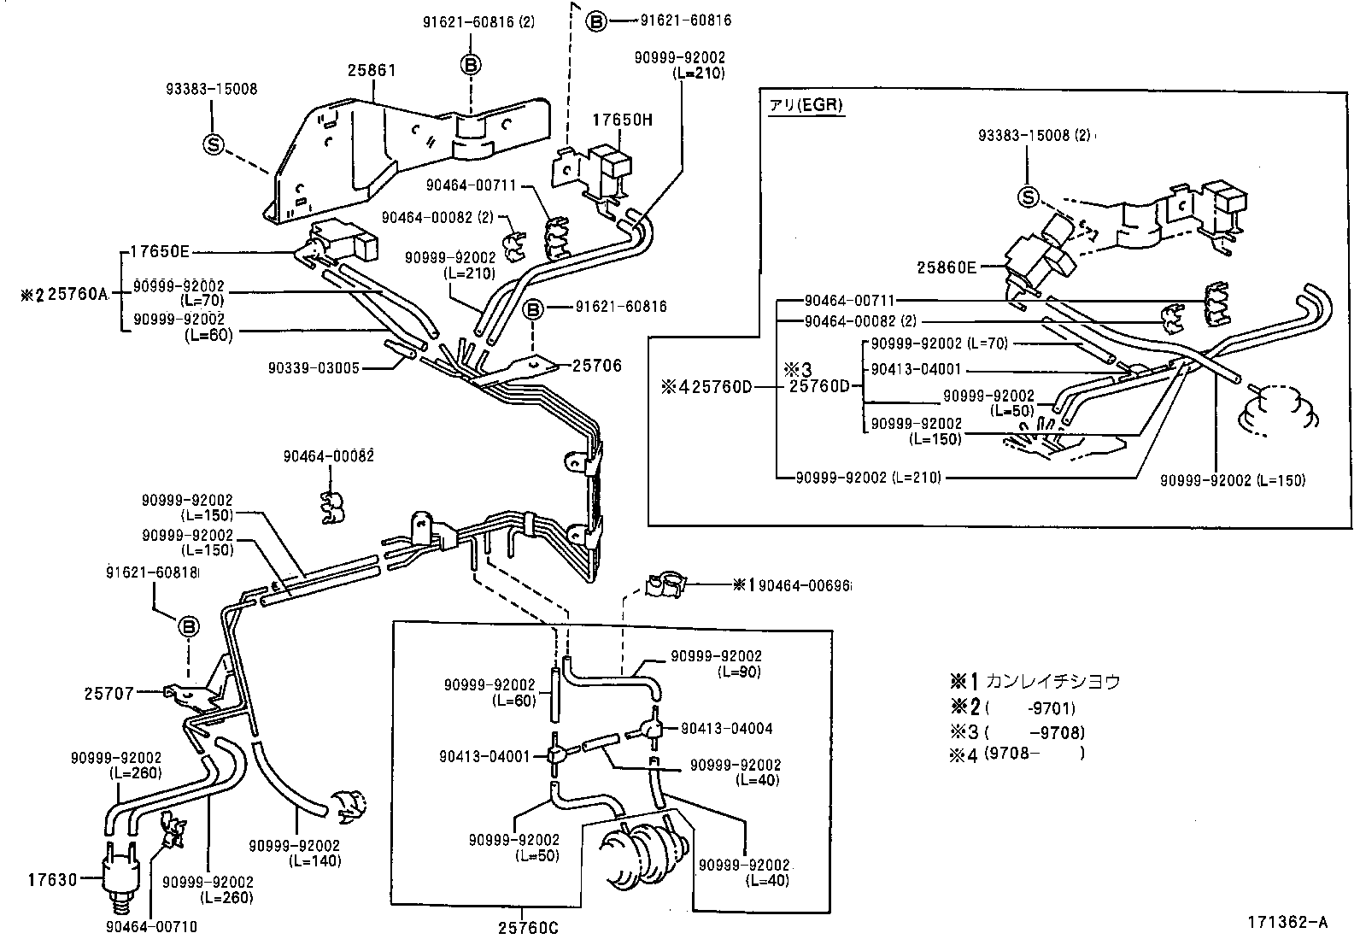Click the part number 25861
[x=372, y=70]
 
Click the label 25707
[x=109, y=693]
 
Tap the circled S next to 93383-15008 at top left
[x=213, y=145]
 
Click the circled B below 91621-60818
[x=188, y=627]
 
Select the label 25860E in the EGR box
[x=947, y=267]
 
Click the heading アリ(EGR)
[x=806, y=105]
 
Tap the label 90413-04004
[x=726, y=729]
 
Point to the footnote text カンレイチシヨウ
[x=1052, y=682]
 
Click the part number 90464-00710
[x=150, y=925]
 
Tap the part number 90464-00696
[x=804, y=585]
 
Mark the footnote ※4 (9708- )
[x=1017, y=754]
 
